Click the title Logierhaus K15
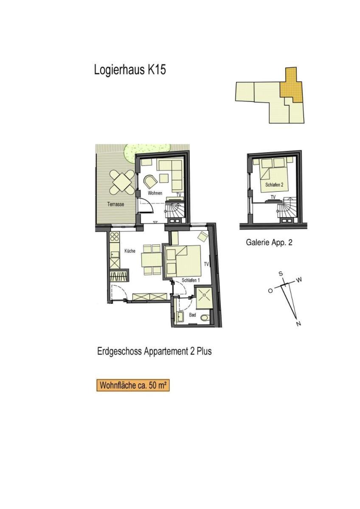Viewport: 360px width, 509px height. [x=130, y=70]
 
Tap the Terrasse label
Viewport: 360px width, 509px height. [x=116, y=204]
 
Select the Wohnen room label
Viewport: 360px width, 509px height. [x=155, y=193]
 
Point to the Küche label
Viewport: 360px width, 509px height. [x=129, y=251]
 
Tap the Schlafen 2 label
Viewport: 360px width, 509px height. [x=274, y=185]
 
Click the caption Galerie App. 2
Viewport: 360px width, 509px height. [x=269, y=243]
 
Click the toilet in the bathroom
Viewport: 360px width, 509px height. [x=205, y=317]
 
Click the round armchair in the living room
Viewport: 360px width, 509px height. [x=151, y=182]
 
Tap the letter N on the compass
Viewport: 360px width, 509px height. [x=299, y=324]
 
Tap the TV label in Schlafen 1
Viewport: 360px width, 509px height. [x=206, y=264]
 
